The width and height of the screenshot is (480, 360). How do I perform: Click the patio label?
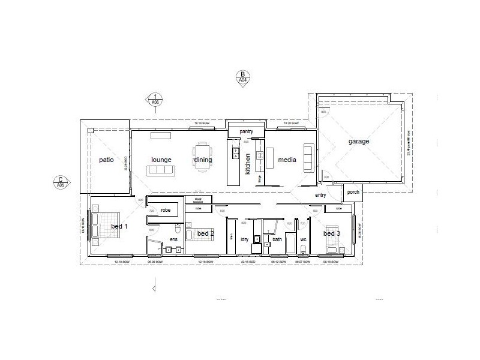click(x=106, y=160)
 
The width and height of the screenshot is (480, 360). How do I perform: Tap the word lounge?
click(x=161, y=160)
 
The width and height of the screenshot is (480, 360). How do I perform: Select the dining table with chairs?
click(x=202, y=155)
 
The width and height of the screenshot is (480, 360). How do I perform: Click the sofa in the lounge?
click(x=161, y=170)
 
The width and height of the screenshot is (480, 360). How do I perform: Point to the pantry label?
click(x=246, y=131)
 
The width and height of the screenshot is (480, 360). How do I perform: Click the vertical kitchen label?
click(x=247, y=164)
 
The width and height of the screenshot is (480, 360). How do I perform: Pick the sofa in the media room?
click(x=308, y=158)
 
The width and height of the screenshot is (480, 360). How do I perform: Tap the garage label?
click(x=359, y=142)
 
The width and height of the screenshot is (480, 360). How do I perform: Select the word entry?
click(x=320, y=195)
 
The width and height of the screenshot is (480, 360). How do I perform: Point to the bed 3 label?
click(x=332, y=233)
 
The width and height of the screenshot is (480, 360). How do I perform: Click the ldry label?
click(x=245, y=240)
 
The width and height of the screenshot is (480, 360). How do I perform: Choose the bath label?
click(x=277, y=240)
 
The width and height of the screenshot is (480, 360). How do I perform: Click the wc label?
click(x=303, y=240)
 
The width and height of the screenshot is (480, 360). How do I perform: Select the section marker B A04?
click(x=243, y=77)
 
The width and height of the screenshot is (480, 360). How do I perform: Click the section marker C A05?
click(x=61, y=182)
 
